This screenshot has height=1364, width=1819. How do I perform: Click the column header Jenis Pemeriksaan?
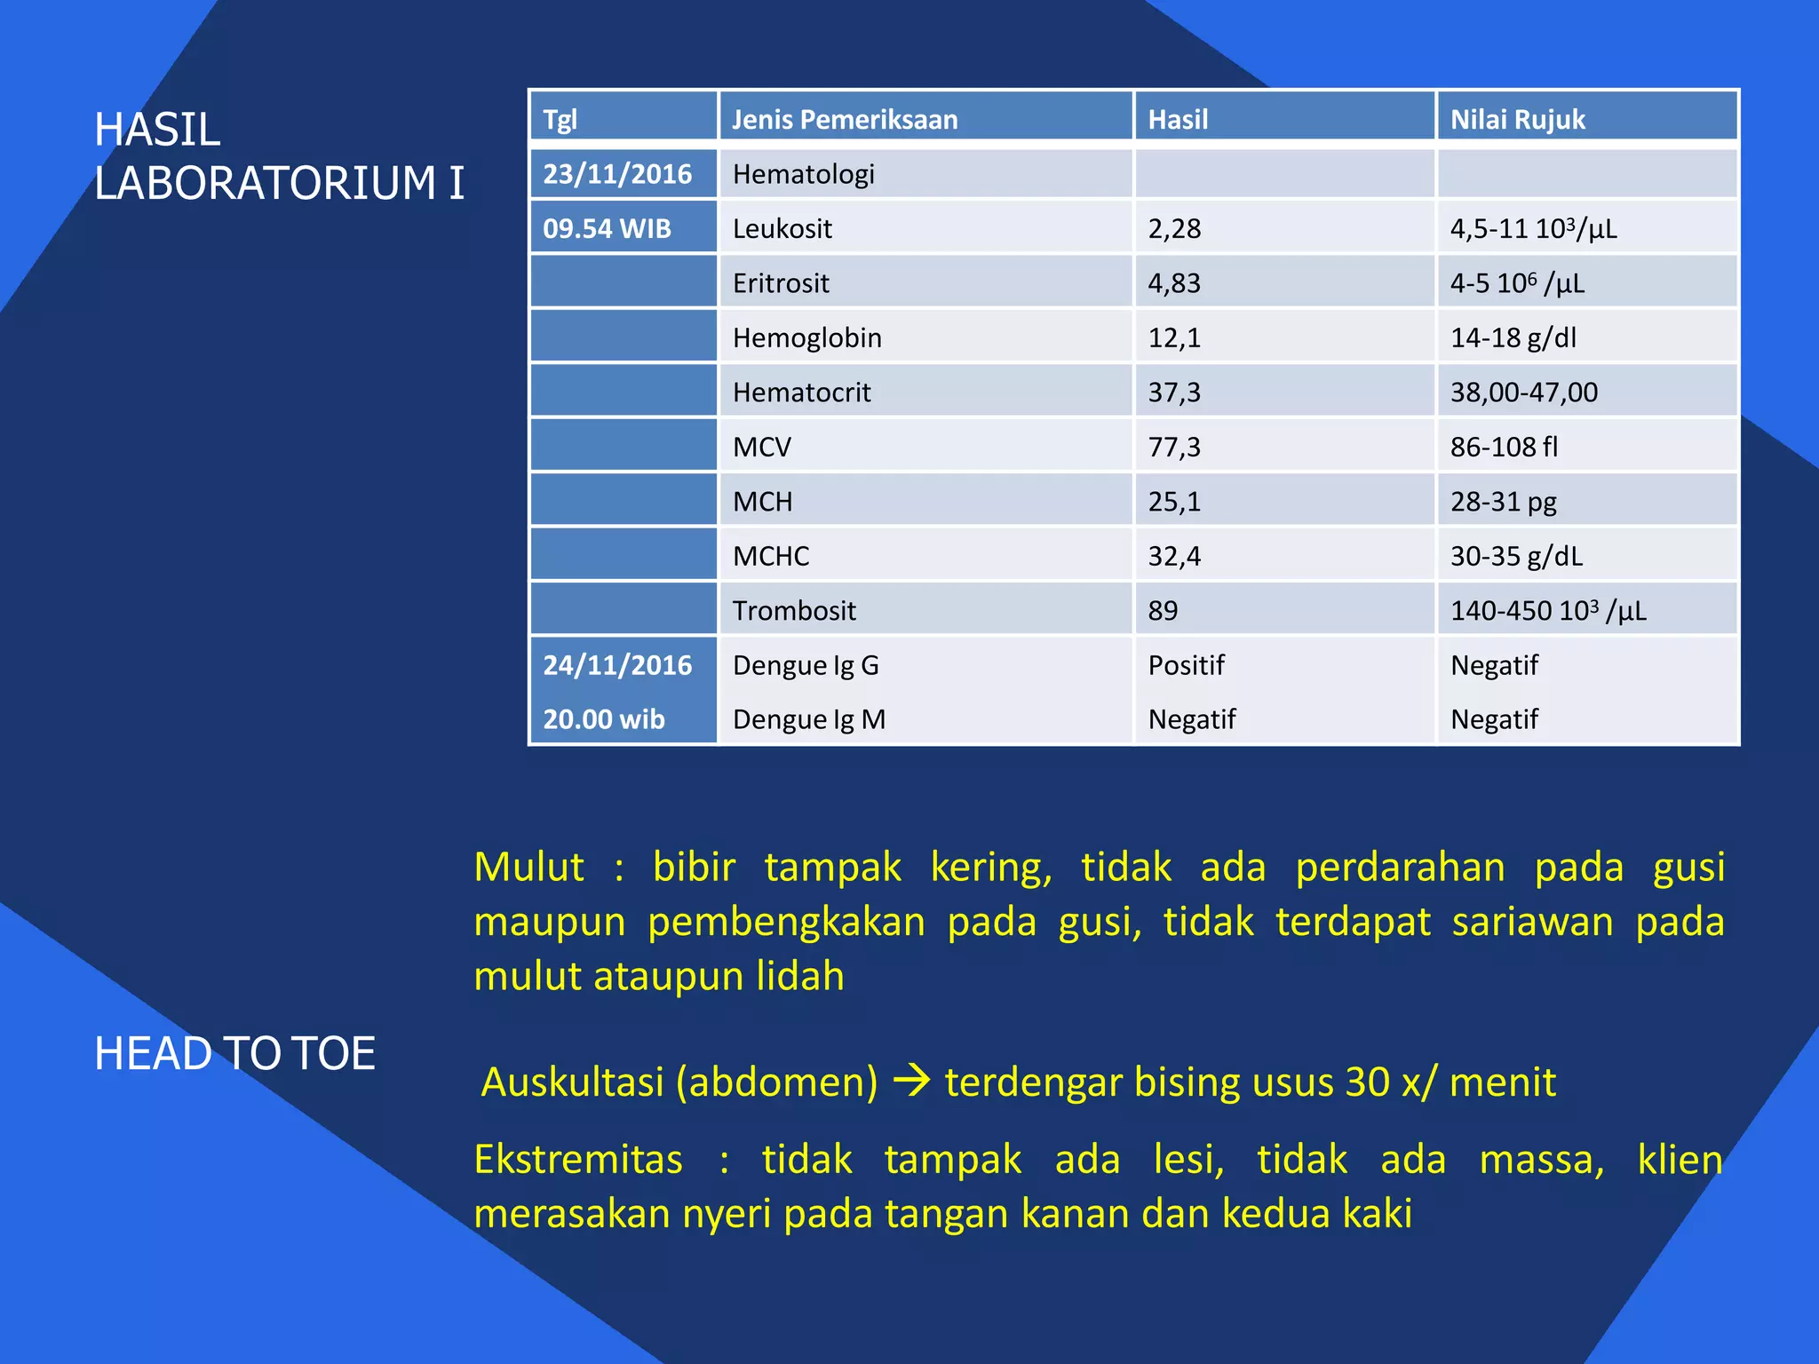(x=845, y=119)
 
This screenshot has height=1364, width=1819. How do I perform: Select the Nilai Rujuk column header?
(x=1517, y=119)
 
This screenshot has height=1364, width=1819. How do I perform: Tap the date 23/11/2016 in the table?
(x=617, y=174)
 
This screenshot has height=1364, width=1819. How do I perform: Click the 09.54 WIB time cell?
(x=607, y=229)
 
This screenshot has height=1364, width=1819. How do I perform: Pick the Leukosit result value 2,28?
(x=1174, y=229)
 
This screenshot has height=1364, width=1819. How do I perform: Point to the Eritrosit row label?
(x=781, y=283)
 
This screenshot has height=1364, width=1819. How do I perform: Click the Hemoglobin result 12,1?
(x=1174, y=338)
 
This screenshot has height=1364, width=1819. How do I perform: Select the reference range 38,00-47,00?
(x=1524, y=393)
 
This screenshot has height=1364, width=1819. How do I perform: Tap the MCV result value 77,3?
(x=1174, y=447)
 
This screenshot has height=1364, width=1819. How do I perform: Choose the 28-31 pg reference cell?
(x=1504, y=502)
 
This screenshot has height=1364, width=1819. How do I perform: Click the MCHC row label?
(x=771, y=557)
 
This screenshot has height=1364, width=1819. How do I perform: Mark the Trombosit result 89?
(x=1163, y=611)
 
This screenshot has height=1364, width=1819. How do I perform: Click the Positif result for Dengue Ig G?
(x=1186, y=665)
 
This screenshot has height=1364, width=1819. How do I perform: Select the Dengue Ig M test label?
(x=809, y=719)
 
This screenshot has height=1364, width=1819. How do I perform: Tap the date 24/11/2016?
(x=617, y=665)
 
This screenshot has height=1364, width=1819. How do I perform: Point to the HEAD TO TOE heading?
(x=234, y=1053)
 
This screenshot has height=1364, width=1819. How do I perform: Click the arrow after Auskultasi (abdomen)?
(x=911, y=1082)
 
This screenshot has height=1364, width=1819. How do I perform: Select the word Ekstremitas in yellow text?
(x=578, y=1160)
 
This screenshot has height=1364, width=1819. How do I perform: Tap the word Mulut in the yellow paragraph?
(x=529, y=868)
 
